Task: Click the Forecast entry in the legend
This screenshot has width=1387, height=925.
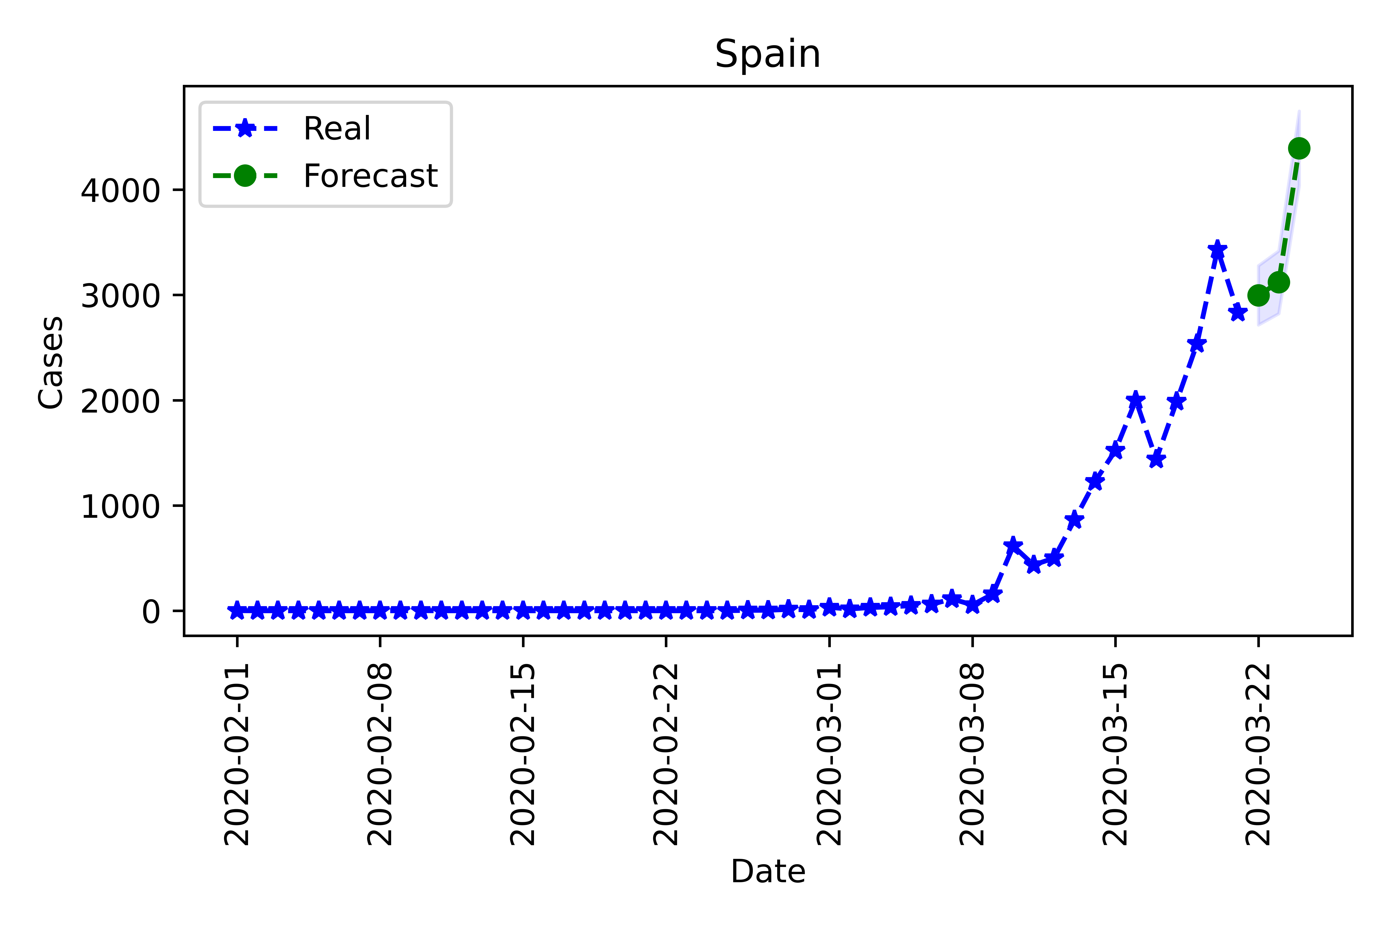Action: point(370,176)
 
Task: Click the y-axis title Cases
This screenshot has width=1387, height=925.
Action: point(51,362)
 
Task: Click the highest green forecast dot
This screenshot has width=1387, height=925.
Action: point(1298,148)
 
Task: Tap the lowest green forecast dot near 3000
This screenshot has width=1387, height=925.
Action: point(1258,295)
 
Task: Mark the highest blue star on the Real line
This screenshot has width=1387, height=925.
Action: point(1217,250)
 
